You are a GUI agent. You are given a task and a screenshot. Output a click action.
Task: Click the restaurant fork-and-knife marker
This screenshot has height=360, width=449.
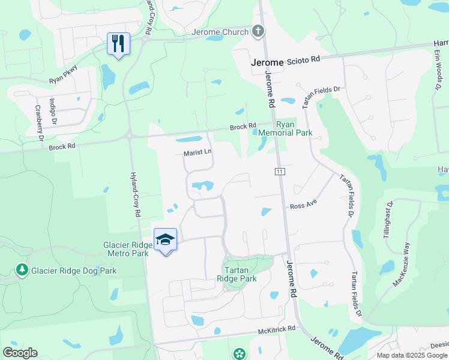pyautogui.click(x=118, y=44)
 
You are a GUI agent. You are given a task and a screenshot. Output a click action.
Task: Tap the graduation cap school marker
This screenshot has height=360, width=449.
pyautogui.click(x=165, y=240)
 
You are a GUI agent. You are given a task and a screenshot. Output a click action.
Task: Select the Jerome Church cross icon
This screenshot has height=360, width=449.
pyautogui.click(x=258, y=31)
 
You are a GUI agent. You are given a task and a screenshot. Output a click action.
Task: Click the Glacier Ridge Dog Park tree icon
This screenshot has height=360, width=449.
pyautogui.click(x=22, y=271)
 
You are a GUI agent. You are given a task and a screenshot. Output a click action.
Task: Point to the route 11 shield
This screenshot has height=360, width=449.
pyautogui.click(x=279, y=172)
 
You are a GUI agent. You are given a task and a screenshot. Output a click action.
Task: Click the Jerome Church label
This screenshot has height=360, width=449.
pyautogui.click(x=220, y=32)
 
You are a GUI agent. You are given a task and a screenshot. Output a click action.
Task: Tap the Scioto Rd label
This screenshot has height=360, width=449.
pyautogui.click(x=304, y=59)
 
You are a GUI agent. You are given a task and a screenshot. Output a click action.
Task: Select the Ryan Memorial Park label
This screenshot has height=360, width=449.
pyautogui.click(x=295, y=128)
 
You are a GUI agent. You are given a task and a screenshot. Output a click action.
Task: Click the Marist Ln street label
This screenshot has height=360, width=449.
pyautogui.click(x=197, y=153)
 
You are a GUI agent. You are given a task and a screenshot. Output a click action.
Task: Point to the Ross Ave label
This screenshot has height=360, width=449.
pyautogui.click(x=303, y=205)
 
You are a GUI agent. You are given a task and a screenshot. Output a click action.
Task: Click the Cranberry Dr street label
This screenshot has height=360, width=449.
pyautogui.click(x=39, y=122)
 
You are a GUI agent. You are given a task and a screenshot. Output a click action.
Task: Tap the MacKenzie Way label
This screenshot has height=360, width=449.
pyautogui.click(x=402, y=265)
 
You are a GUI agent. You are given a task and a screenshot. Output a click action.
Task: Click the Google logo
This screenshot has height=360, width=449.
pyautogui.click(x=20, y=353)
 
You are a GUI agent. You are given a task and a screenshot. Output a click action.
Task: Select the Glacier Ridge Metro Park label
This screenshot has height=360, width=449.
pyautogui.click(x=125, y=249)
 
